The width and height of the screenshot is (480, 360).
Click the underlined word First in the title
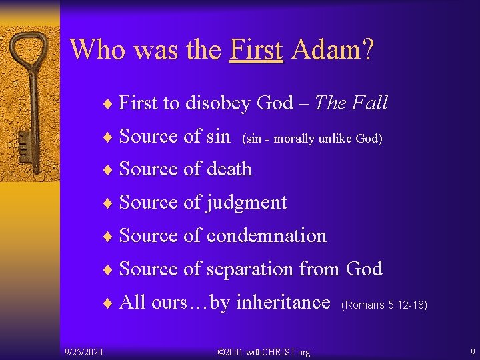tap(256, 49)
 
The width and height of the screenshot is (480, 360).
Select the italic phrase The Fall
tap(351, 103)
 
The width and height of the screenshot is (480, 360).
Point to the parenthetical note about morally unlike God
tap(312, 139)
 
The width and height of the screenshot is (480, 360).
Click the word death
tap(229, 169)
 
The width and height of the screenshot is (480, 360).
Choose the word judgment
tap(247, 203)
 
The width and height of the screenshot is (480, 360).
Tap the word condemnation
tap(267, 236)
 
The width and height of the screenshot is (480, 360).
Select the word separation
tap(250, 269)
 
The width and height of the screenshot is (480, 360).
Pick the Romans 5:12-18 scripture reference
tap(383, 305)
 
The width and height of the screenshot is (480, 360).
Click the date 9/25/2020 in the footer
tap(83, 351)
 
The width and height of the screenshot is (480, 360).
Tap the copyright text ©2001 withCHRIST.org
tap(265, 351)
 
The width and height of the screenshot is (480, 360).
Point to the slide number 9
tap(472, 351)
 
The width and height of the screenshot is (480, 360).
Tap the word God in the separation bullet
tap(364, 269)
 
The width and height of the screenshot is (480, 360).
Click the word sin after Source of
tap(218, 136)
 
